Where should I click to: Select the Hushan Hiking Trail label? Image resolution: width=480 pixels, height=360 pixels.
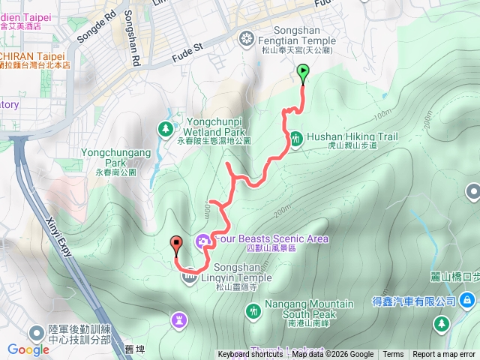point(352,137)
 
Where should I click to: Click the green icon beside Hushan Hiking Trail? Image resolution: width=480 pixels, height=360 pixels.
point(296,138)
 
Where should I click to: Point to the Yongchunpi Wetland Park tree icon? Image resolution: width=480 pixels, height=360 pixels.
point(165,129)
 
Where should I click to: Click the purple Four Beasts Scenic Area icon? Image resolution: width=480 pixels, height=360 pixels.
point(202,240)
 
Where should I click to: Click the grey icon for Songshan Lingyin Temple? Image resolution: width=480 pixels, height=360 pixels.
point(187,278)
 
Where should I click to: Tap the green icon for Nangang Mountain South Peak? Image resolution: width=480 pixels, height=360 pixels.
point(253,309)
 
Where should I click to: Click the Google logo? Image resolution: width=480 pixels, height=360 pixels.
point(28,349)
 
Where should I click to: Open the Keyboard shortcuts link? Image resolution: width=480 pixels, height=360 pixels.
point(250,355)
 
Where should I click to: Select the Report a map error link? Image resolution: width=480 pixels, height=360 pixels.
point(444,355)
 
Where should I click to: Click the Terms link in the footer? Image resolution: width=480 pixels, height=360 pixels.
point(393,355)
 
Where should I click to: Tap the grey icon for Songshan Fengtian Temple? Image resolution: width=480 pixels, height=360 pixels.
point(246,37)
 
